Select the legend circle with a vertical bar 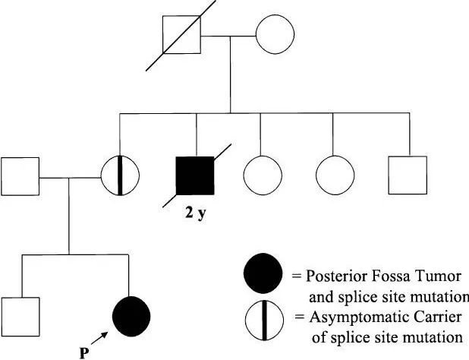point(262,317)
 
